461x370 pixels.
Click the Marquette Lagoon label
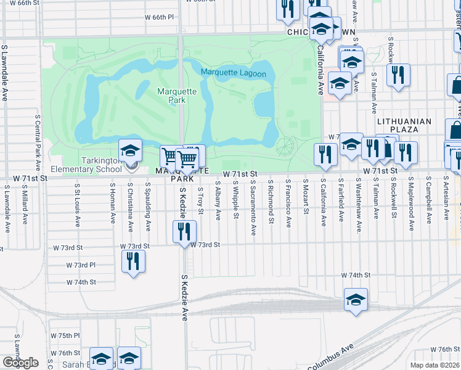point(233,74)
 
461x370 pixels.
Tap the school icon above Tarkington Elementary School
point(131,150)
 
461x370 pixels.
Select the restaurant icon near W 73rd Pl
point(133,261)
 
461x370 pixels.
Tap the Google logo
point(20,363)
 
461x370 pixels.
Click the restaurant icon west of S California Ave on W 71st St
point(324,154)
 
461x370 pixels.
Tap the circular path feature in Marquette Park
point(285,147)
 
